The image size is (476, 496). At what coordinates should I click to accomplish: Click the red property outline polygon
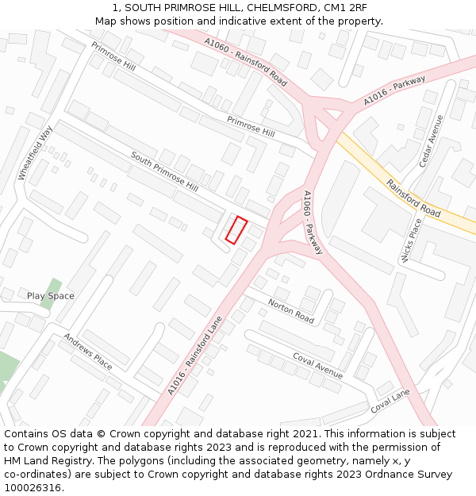pyautogui.click(x=236, y=229)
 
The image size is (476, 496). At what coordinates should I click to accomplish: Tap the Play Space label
pyautogui.click(x=51, y=296)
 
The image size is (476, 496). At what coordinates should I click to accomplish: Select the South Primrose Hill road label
pyautogui.click(x=164, y=171)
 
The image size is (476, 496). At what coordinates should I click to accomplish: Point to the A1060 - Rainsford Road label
pyautogui.click(x=245, y=63)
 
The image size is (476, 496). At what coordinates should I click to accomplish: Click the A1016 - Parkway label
pyautogui.click(x=394, y=90)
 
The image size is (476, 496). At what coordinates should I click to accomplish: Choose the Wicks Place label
pyautogui.click(x=411, y=240)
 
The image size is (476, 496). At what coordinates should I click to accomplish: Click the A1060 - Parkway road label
pyautogui.click(x=313, y=222)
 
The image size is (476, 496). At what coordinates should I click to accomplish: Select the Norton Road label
pyautogui.click(x=291, y=310)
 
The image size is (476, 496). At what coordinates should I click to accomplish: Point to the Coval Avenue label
pyautogui.click(x=317, y=365)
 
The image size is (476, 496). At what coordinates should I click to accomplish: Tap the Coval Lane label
pyautogui.click(x=390, y=401)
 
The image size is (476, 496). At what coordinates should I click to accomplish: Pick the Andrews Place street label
pyautogui.click(x=88, y=351)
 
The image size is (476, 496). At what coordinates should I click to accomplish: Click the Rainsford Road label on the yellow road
pyautogui.click(x=413, y=198)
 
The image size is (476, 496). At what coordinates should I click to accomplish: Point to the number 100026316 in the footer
pyautogui.click(x=33, y=487)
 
